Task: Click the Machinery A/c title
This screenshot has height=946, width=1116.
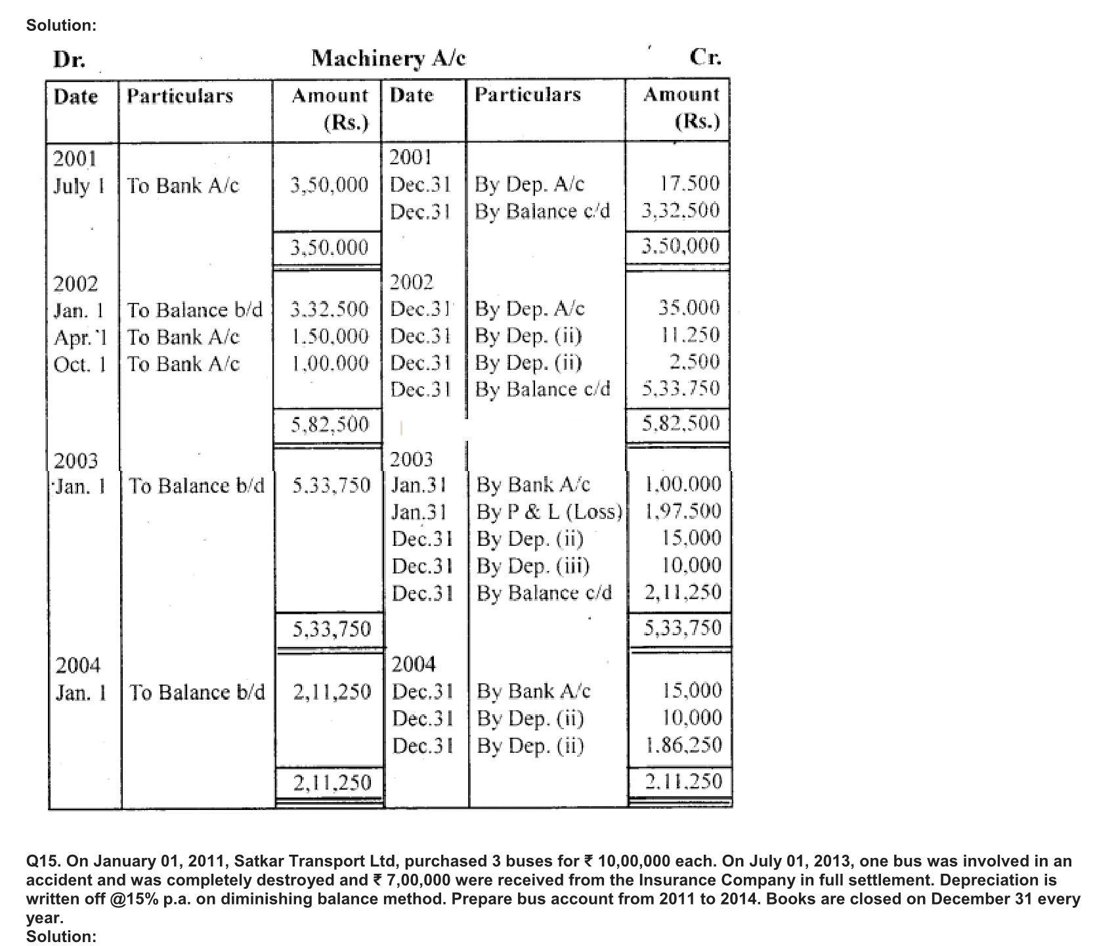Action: tap(389, 59)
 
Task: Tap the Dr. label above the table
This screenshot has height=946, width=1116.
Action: tap(69, 60)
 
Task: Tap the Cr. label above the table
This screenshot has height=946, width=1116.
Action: tap(705, 58)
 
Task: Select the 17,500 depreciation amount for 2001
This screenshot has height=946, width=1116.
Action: tap(689, 183)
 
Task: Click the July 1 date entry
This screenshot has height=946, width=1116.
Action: tap(79, 186)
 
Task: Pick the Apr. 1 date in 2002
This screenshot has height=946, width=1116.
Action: tap(79, 338)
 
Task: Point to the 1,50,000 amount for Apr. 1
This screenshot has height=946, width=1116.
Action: tap(330, 336)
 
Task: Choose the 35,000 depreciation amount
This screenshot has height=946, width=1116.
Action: tap(689, 308)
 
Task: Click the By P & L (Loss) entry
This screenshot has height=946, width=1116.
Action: tap(549, 512)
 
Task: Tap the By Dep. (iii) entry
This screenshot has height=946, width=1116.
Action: tap(533, 566)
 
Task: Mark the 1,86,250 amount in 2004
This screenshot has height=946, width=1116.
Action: tap(683, 745)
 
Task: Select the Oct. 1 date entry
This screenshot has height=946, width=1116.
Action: tap(79, 364)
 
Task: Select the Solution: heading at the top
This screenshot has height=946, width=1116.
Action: tap(61, 26)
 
